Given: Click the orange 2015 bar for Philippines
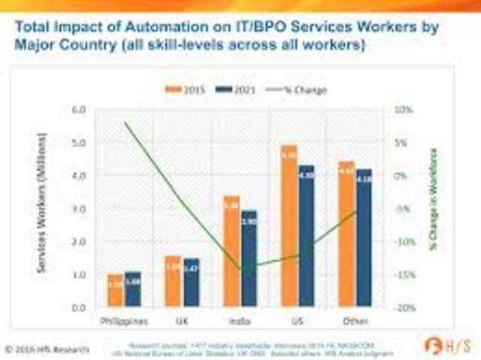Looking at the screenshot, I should pyautogui.click(x=115, y=290).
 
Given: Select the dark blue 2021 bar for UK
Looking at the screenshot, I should pyautogui.click(x=191, y=283).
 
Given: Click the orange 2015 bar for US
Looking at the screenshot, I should pyautogui.click(x=289, y=225).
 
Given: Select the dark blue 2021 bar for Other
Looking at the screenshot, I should pyautogui.click(x=364, y=237).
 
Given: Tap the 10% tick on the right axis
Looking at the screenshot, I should pyautogui.click(x=404, y=110).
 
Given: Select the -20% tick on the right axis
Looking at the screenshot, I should pyautogui.click(x=404, y=307).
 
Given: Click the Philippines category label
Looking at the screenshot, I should pyautogui.click(x=125, y=322).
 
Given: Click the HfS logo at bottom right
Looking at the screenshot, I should pyautogui.click(x=449, y=346).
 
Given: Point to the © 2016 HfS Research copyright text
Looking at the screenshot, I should pyautogui.click(x=47, y=349).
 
